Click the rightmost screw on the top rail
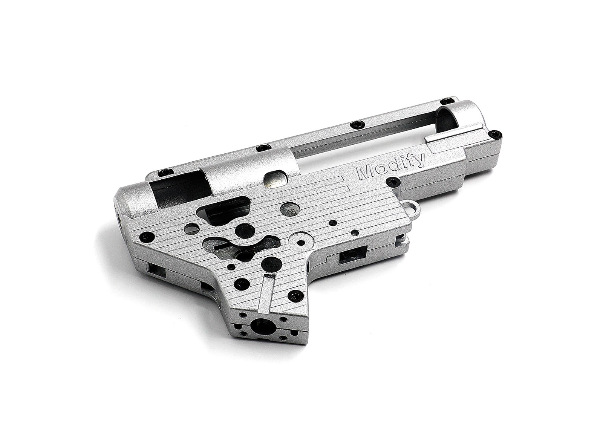tap(447, 101)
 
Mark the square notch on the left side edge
tap(155, 269)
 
